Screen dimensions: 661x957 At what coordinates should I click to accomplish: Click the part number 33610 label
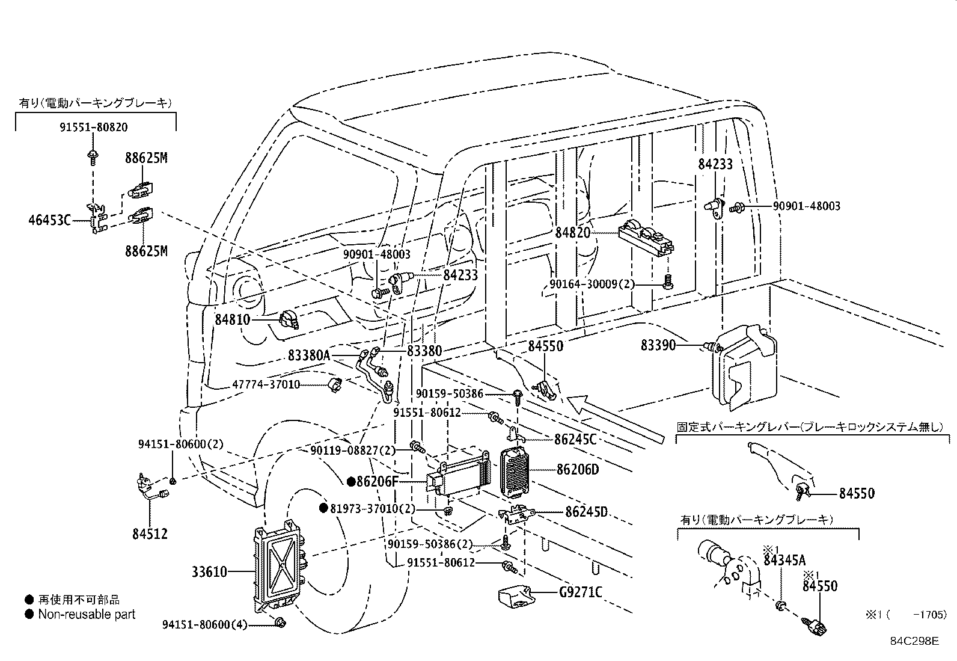tap(210, 571)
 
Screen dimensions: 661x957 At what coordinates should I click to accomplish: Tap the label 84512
tap(150, 533)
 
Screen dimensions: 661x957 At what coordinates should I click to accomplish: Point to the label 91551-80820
tap(94, 128)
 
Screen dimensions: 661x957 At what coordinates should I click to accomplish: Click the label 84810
tap(232, 319)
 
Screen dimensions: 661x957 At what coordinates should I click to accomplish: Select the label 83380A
tap(309, 355)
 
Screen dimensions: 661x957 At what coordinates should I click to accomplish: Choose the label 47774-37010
tap(266, 384)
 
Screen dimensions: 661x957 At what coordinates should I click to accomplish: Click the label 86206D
tap(578, 469)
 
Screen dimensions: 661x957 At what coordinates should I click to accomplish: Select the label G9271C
tap(580, 592)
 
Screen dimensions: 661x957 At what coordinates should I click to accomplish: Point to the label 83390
tap(658, 345)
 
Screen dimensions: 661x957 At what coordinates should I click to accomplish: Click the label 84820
tap(573, 233)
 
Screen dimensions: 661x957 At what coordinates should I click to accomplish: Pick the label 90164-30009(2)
tap(592, 283)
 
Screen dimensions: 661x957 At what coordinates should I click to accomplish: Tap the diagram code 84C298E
tap(914, 641)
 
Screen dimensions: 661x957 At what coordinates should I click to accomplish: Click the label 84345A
tap(784, 561)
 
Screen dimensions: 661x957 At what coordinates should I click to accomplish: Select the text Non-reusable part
tap(87, 614)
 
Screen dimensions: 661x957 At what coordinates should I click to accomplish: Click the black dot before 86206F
tap(350, 482)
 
